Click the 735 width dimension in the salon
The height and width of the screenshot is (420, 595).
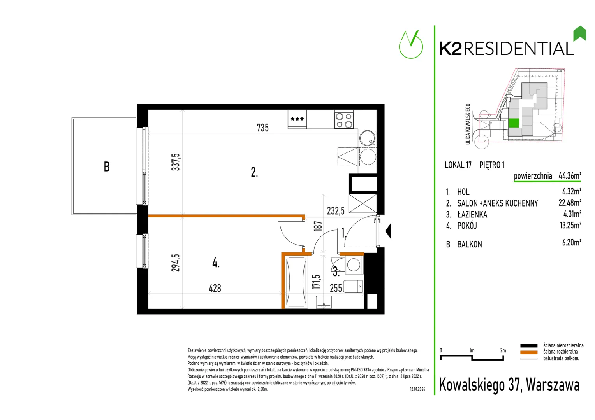262,128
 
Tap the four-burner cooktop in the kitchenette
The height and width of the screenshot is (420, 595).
344,121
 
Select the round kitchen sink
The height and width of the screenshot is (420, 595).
367,138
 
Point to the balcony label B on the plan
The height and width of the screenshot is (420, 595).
107,166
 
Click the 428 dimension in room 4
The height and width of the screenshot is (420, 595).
215,288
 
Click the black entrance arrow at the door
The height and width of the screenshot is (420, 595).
388,231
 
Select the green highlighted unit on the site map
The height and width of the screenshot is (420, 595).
514,123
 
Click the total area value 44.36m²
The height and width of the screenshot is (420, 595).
570,175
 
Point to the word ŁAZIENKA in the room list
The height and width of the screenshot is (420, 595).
472,214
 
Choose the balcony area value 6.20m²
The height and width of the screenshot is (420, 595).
572,243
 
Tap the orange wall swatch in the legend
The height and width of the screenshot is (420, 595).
528,352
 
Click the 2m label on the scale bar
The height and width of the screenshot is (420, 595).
503,350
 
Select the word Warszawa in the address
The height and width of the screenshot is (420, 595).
553,385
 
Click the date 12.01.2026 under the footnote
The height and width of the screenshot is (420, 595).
417,389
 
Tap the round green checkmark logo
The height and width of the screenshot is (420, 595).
411,45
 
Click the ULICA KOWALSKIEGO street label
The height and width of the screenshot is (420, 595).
468,124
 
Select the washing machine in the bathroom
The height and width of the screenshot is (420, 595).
354,265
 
